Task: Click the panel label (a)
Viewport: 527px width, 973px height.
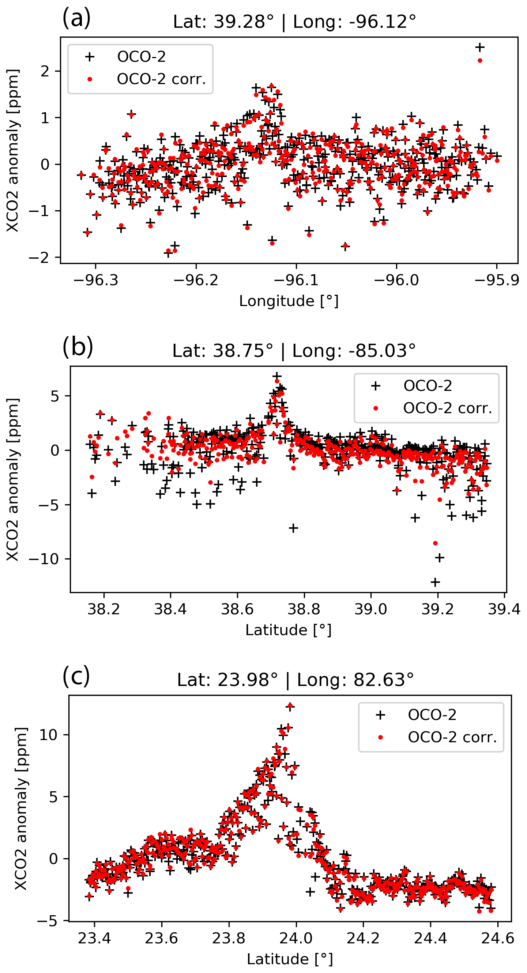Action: coord(76,18)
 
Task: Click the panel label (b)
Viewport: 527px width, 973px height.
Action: coord(78,346)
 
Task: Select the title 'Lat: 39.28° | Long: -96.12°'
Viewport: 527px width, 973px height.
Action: coord(294,22)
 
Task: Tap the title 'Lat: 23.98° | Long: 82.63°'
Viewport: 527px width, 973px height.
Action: coord(295,680)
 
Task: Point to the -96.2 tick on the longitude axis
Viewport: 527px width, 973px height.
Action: coord(196,280)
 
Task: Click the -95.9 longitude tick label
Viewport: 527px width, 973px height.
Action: coord(497,280)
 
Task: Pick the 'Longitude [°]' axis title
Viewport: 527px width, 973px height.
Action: coord(289,301)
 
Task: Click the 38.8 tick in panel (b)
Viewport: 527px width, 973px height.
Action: coord(304,609)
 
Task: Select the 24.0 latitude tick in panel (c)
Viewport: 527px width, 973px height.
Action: coord(296,938)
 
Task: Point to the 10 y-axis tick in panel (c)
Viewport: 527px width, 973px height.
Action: coord(48,735)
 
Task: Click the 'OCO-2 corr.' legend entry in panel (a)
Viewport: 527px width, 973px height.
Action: coord(161,79)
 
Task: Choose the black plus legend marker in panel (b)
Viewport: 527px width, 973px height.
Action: coord(376,386)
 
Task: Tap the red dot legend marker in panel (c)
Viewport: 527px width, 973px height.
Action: coord(380,737)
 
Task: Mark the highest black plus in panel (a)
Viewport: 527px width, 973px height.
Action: coord(480,47)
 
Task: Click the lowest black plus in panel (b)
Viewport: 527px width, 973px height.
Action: coord(435,582)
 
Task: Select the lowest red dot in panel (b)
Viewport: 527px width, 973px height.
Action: coord(435,543)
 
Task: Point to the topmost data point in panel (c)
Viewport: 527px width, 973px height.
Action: coord(290,706)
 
